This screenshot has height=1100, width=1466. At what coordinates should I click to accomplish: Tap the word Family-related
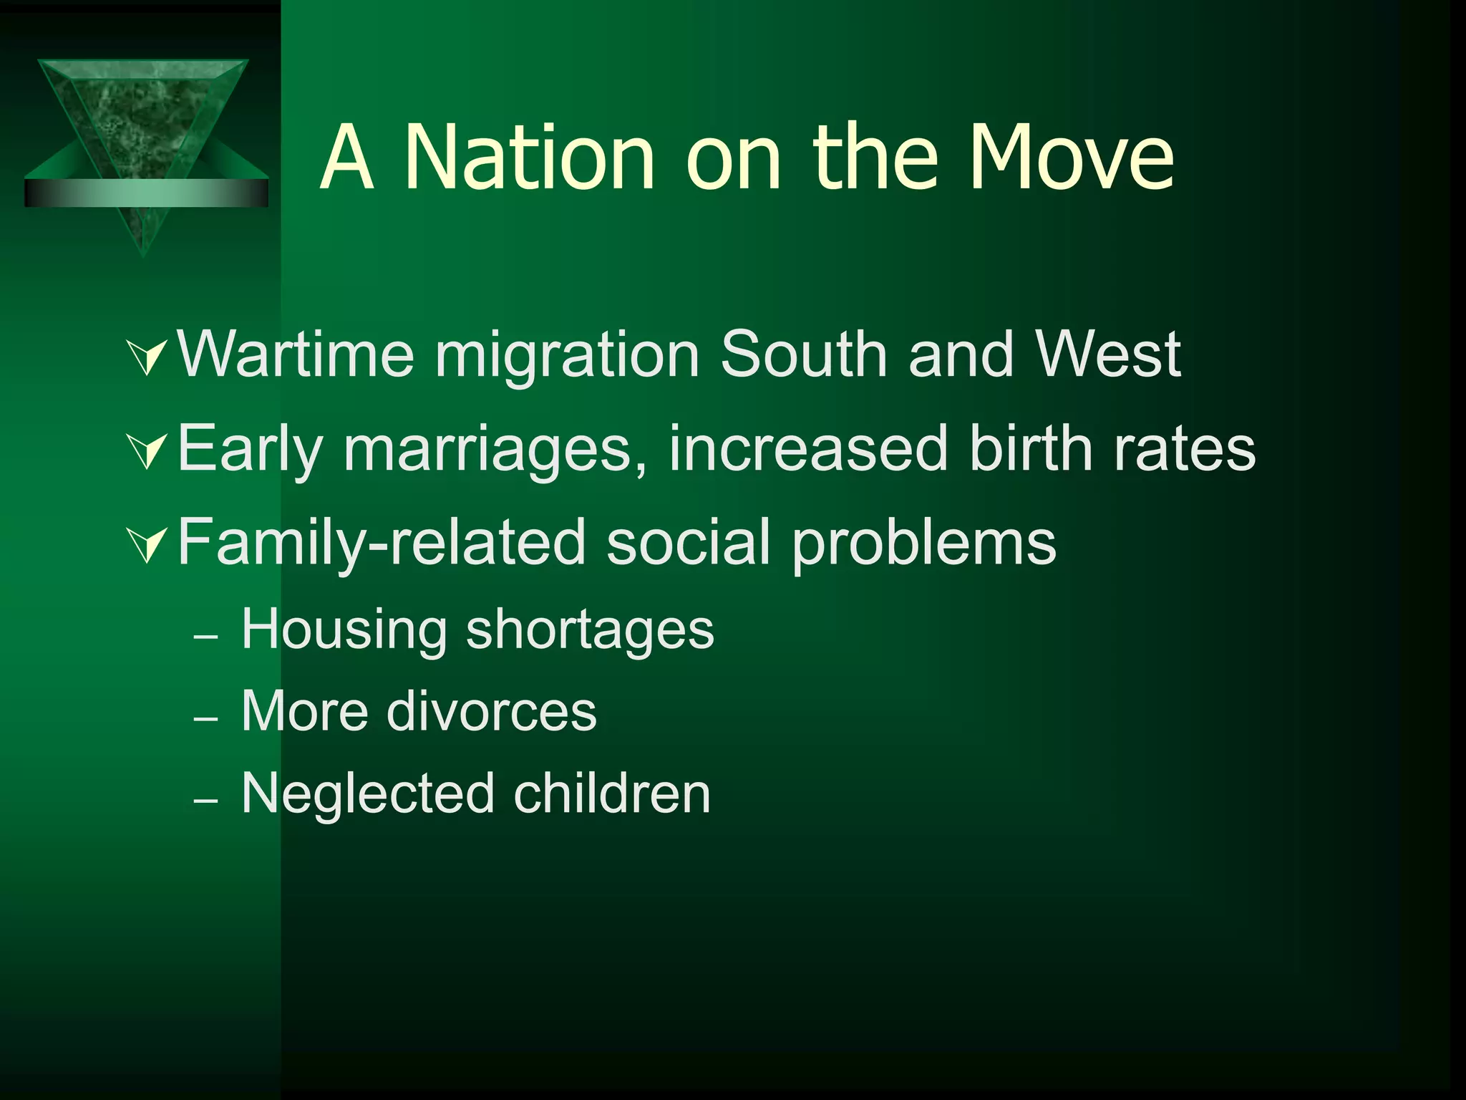tap(382, 542)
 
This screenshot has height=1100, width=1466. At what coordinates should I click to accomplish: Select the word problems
tap(923, 542)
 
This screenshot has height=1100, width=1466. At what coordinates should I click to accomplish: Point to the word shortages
tap(590, 629)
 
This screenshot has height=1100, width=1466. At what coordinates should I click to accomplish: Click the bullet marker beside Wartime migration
tap(147, 357)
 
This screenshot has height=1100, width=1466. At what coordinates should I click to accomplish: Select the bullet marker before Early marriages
tap(147, 451)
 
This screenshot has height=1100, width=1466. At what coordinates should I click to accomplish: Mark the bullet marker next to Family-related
tap(147, 545)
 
